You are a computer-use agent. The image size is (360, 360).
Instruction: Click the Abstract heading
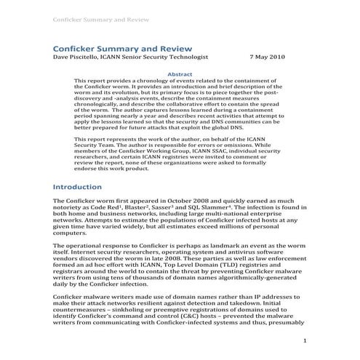pos(180,73)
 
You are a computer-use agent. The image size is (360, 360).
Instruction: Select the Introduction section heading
pos(83,187)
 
